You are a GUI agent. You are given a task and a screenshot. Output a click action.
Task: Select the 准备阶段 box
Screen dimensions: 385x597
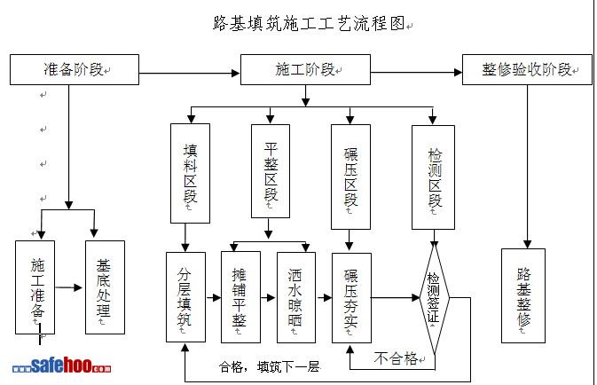tap(75, 69)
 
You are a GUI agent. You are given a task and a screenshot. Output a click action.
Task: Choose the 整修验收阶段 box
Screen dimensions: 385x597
tap(526, 69)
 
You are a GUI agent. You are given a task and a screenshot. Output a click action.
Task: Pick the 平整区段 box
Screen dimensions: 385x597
tap(271, 173)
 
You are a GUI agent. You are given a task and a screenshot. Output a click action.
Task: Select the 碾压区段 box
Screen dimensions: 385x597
tap(350, 173)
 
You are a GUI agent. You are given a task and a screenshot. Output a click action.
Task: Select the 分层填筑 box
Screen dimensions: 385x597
tap(185, 297)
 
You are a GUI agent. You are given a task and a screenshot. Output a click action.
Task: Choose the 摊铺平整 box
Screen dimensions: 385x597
tap(240, 297)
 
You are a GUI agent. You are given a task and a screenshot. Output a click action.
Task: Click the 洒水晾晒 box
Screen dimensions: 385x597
tap(295, 297)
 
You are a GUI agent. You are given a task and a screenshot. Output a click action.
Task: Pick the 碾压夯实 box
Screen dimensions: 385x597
tap(351, 297)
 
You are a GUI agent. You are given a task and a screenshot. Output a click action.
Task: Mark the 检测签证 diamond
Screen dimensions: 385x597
tap(434, 297)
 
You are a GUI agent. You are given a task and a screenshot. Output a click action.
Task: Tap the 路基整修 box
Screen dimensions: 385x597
tap(523, 295)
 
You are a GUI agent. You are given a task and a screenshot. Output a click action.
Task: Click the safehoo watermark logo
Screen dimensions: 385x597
tap(62, 366)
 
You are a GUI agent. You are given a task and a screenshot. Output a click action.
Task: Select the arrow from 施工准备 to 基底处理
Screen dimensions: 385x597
tap(70, 287)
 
